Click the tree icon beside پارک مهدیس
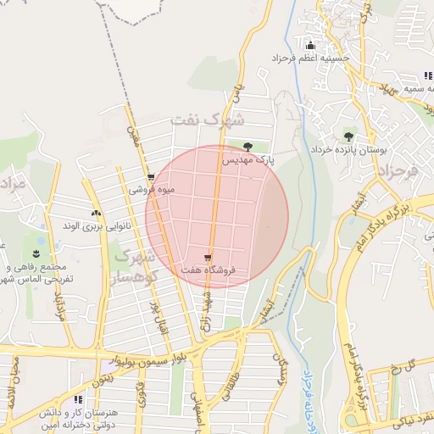click(248, 147)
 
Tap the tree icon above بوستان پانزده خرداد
click(348, 136)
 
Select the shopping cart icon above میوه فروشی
click(151, 178)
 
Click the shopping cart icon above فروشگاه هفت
click(209, 257)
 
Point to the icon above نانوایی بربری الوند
click(96, 213)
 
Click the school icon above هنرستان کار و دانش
click(79, 398)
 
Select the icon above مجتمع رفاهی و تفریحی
click(36, 253)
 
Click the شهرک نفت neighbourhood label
click(207, 119)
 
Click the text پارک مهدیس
click(249, 159)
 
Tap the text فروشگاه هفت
click(208, 270)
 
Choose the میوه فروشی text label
click(151, 190)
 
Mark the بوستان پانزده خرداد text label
click(373, 148)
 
